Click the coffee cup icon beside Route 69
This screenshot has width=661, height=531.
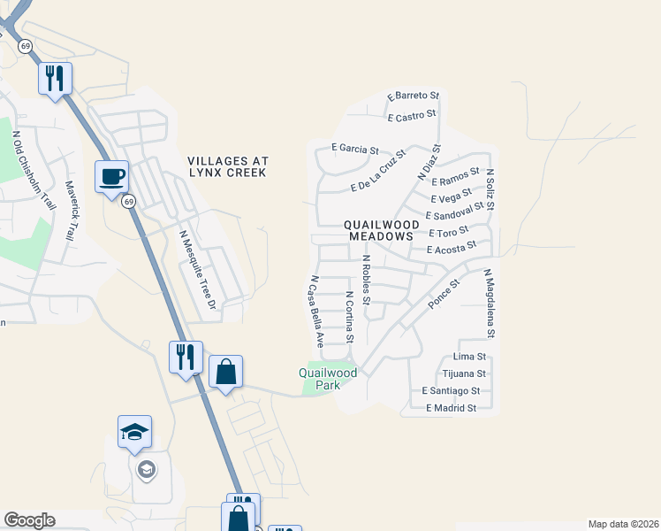coord(112,177)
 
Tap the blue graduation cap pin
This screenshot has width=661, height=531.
coord(134,433)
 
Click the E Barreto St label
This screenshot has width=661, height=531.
coord(413,96)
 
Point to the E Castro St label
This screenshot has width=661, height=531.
coord(412,115)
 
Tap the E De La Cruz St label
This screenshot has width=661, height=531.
coord(377,170)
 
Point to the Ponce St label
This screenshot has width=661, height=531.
coord(444,295)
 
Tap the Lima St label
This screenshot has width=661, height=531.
coord(469,357)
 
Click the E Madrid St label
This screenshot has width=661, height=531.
coord(451,408)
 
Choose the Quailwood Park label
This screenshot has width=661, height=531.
coord(328,379)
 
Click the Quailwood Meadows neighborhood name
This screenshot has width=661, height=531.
coord(381,231)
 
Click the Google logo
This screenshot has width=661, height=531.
coord(29,520)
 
